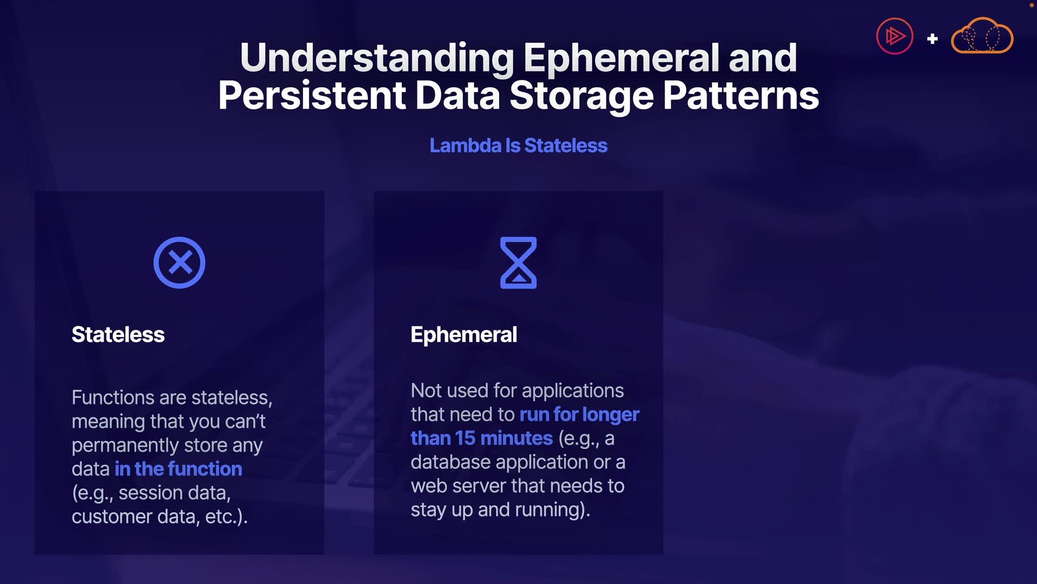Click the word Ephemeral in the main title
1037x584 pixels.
622,58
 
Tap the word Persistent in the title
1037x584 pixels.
312,96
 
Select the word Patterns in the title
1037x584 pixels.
740,96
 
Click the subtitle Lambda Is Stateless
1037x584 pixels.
518,145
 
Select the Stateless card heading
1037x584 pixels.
118,335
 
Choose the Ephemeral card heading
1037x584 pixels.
464,335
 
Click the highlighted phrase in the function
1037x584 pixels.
178,469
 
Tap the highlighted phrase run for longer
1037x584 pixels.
579,415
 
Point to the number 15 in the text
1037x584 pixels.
465,439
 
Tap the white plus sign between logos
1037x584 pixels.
932,39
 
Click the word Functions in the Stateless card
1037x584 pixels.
113,398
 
